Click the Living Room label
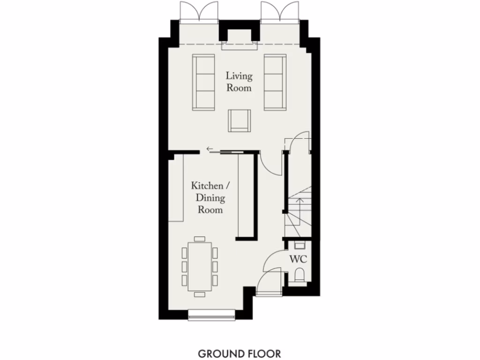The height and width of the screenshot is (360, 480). tap(239, 82)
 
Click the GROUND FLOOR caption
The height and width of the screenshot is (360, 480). tap(240, 353)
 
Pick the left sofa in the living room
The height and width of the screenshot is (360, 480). tap(204, 82)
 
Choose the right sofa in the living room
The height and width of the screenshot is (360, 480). tap(275, 82)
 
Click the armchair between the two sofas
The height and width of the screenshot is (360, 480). tap(239, 120)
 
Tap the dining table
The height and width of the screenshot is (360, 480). tap(200, 266)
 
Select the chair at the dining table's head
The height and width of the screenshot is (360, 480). tap(200, 239)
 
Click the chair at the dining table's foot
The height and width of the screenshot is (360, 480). tap(200, 294)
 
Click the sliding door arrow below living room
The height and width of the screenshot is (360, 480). tap(209, 150)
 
